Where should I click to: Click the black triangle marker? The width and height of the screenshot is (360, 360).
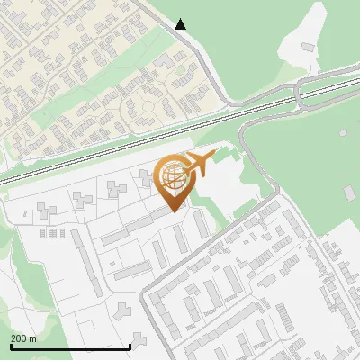click(x=181, y=24)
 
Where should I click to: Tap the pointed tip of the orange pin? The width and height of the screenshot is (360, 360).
click(x=174, y=211)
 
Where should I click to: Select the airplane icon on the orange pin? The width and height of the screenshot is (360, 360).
click(x=198, y=166)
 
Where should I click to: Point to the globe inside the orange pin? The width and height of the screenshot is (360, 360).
click(x=172, y=176)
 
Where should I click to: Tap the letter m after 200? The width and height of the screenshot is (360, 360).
click(x=33, y=338)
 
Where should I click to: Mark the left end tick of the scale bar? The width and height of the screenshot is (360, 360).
click(x=11, y=345)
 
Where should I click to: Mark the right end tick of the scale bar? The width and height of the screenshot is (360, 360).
click(x=130, y=345)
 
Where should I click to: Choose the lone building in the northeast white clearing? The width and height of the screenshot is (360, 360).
click(x=308, y=46)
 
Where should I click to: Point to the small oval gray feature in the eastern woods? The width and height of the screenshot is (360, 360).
click(x=343, y=133)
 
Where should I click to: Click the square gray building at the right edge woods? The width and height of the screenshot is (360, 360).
click(x=350, y=193)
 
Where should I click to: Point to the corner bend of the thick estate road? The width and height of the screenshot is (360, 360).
click(x=270, y=202)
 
